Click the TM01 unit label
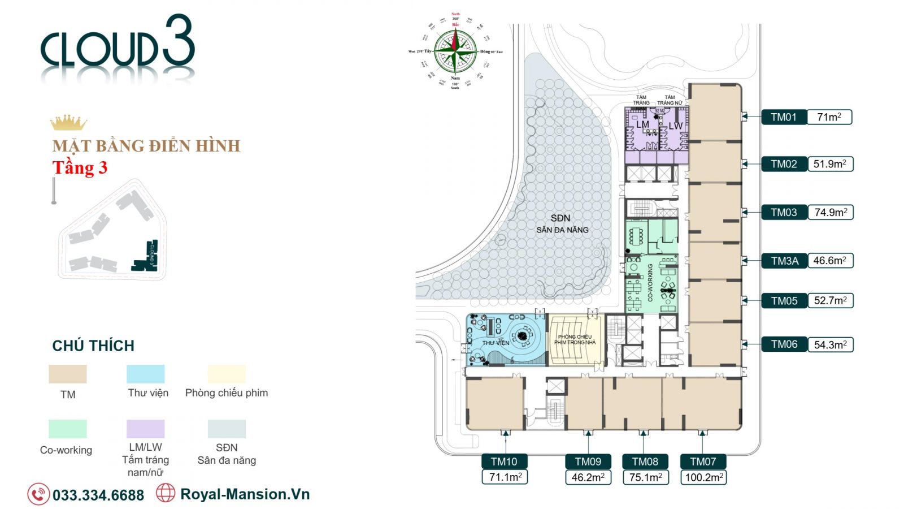click(784, 117)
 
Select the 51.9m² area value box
click(830, 164)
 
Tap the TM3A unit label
click(784, 261)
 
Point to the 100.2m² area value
click(703, 477)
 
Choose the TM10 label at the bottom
click(504, 461)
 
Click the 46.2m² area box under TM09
click(588, 477)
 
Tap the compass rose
click(455, 51)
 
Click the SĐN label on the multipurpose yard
click(560, 218)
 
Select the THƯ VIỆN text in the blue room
click(496, 343)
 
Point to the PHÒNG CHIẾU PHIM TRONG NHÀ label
click(575, 339)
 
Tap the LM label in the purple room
click(642, 124)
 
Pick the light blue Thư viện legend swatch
click(146, 374)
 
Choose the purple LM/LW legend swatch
click(146, 429)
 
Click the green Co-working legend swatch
click(68, 429)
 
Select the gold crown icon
click(68, 122)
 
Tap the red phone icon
click(38, 494)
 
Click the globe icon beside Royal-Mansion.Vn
click(166, 493)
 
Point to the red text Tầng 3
click(80, 168)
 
